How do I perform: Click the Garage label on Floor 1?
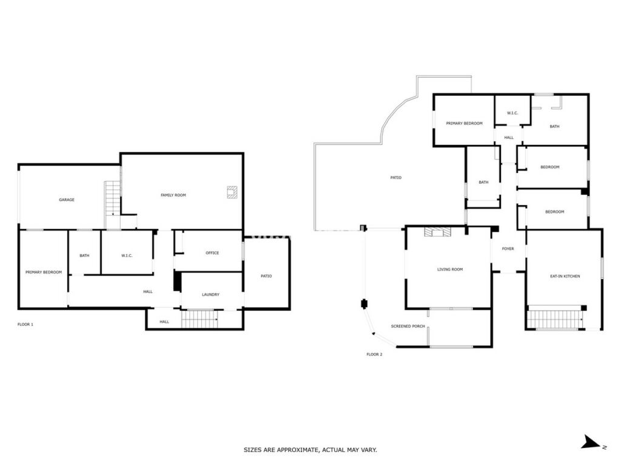(67, 200)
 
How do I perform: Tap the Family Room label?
(173, 195)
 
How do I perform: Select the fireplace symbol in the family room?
(232, 192)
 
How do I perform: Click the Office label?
(212, 253)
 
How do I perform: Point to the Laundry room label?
(210, 294)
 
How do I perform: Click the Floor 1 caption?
(25, 325)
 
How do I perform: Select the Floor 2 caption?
(374, 354)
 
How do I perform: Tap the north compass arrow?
(591, 442)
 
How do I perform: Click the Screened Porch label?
(408, 326)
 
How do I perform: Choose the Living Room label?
(450, 269)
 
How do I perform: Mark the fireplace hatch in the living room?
(437, 232)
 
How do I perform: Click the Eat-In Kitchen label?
(565, 276)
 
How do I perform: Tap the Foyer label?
(508, 249)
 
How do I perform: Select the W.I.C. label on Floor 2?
(512, 113)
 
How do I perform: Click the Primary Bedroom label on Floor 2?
(464, 123)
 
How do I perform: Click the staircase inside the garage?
(112, 198)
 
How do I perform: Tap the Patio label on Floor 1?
(266, 276)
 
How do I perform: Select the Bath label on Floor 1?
(84, 255)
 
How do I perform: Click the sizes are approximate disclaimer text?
(310, 450)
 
